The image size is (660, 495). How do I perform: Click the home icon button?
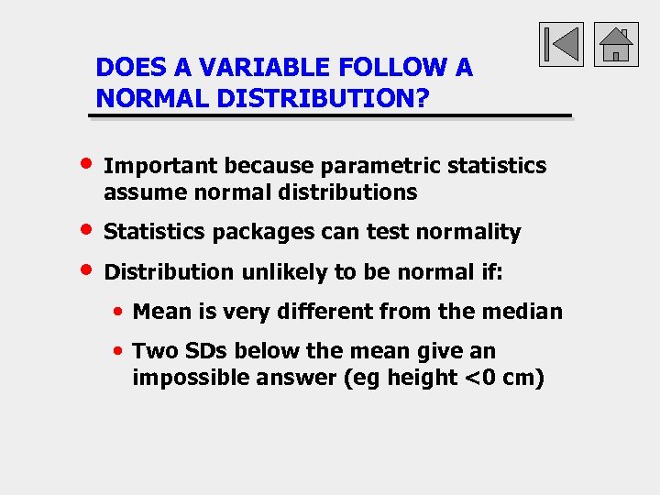click(x=616, y=44)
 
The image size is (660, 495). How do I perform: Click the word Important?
click(x=161, y=166)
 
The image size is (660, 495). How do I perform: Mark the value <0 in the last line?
click(x=481, y=378)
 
